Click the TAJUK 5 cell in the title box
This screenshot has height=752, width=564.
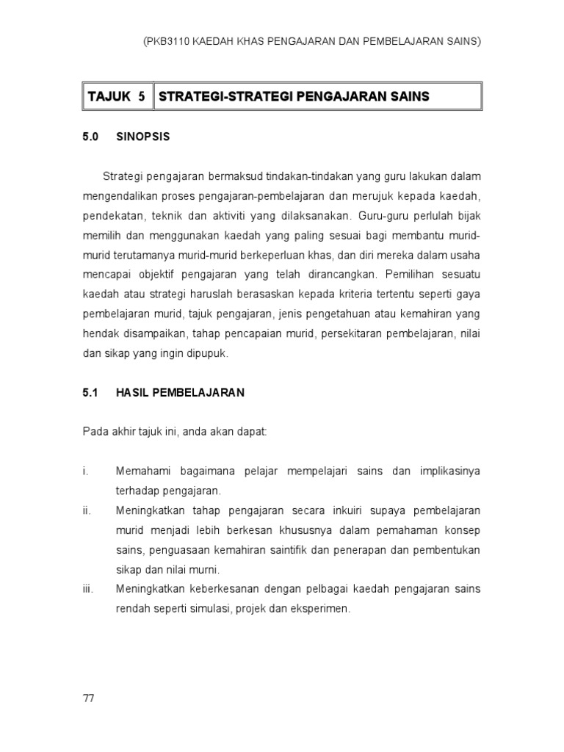point(116,96)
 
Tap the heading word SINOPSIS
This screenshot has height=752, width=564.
point(143,137)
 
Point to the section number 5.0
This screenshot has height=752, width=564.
point(90,137)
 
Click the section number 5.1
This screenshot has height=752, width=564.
point(90,393)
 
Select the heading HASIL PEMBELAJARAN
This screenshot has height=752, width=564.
point(180,393)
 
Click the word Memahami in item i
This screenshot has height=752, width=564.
point(142,471)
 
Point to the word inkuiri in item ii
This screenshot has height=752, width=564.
point(331,510)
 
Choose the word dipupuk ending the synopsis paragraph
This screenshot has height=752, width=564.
point(209,353)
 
